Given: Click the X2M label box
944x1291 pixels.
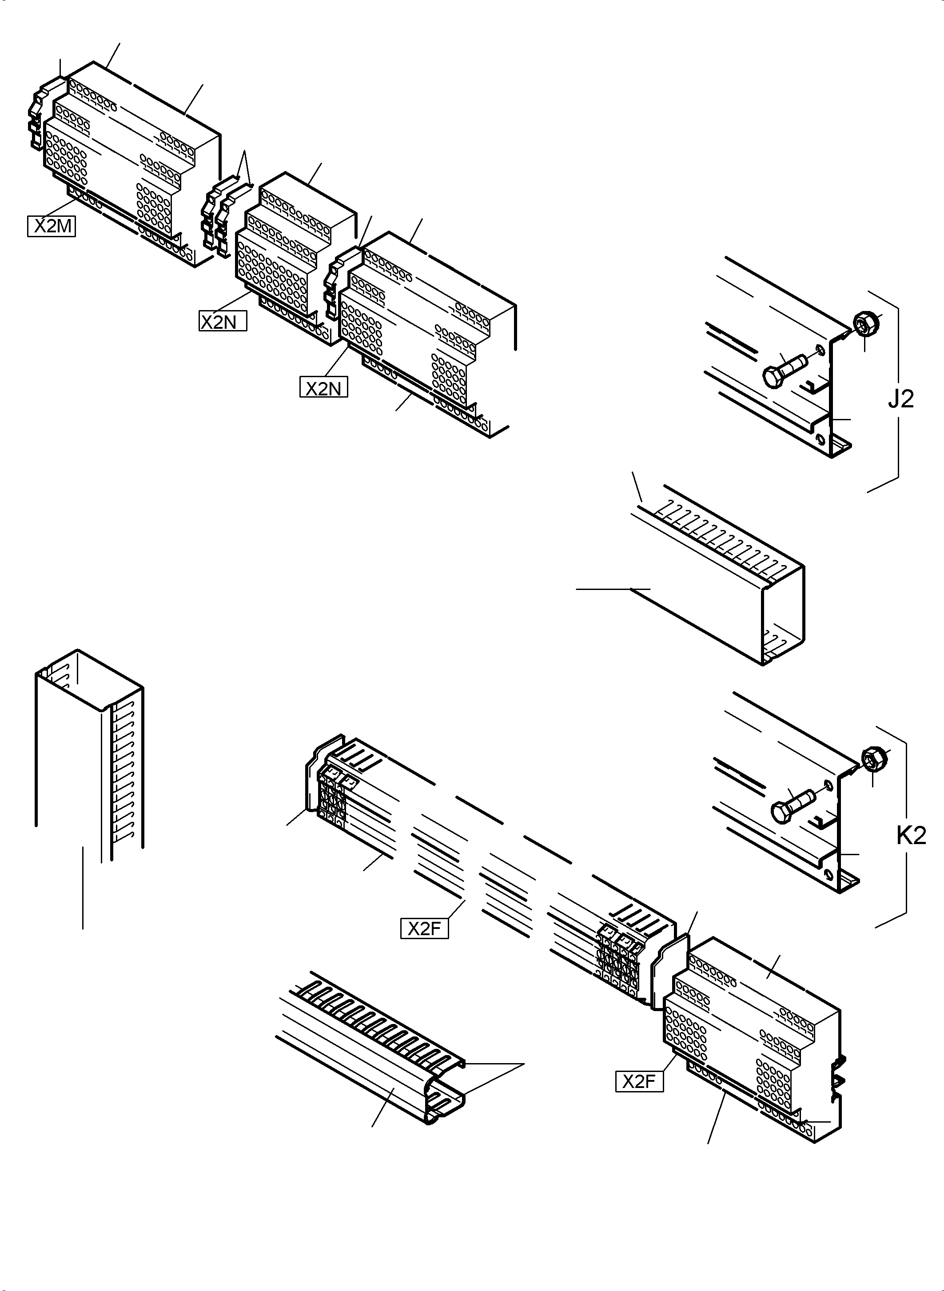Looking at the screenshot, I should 52,226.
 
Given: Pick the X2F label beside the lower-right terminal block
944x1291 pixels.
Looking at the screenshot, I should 639,1082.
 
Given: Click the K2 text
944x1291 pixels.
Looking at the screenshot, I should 911,836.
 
